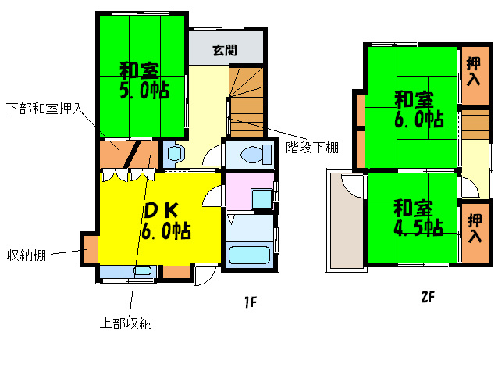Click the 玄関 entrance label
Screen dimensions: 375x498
point(226,51)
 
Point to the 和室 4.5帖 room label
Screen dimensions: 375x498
point(418,218)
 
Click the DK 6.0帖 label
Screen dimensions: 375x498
point(165,220)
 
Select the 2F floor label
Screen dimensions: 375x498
point(427,297)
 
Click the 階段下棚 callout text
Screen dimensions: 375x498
point(311,147)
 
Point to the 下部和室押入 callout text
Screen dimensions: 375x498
point(44,107)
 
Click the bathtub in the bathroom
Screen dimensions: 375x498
point(249,255)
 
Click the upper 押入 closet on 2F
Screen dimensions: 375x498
point(474,75)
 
